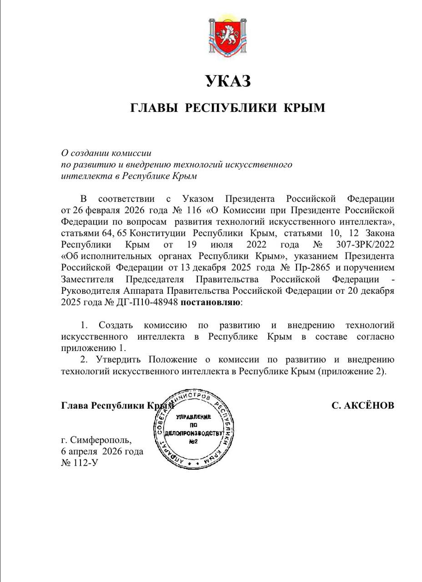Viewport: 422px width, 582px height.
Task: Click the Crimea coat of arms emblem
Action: (228, 39)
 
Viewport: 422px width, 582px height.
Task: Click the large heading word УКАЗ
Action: (228, 81)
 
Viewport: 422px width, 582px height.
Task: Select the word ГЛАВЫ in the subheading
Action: (153, 108)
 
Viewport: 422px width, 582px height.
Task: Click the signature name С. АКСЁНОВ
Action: (362, 405)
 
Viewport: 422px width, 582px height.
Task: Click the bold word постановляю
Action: (211, 302)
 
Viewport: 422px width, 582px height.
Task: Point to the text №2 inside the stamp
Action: (194, 442)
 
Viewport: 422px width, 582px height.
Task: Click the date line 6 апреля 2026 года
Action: (102, 452)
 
